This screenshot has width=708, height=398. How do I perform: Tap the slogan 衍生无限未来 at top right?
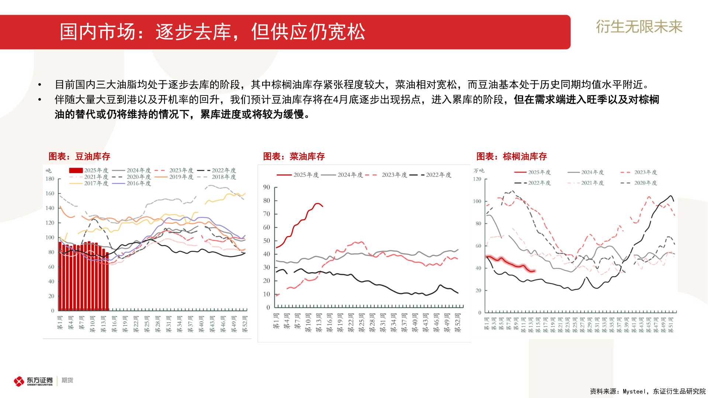pos(639,27)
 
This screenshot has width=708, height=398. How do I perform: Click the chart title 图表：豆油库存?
pos(79,157)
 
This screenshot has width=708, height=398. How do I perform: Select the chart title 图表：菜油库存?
pos(294,157)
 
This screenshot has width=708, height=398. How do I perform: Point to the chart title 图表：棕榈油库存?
pos(511,157)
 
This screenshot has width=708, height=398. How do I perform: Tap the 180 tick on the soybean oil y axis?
pos(50,179)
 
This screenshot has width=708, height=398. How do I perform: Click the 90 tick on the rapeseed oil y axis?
pos(266,187)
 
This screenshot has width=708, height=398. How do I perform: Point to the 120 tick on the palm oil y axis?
pos(477,179)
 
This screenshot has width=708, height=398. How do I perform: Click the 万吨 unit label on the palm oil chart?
pos(479,171)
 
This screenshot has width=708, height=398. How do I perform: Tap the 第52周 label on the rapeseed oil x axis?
pos(458,323)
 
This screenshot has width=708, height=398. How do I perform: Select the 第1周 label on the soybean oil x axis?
pos(60,323)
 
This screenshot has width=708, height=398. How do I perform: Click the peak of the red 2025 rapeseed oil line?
pos(317,203)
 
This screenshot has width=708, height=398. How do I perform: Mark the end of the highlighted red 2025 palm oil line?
pos(534,271)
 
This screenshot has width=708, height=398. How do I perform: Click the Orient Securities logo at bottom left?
pos(33,381)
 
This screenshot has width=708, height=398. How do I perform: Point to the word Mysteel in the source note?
pos(634,391)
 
